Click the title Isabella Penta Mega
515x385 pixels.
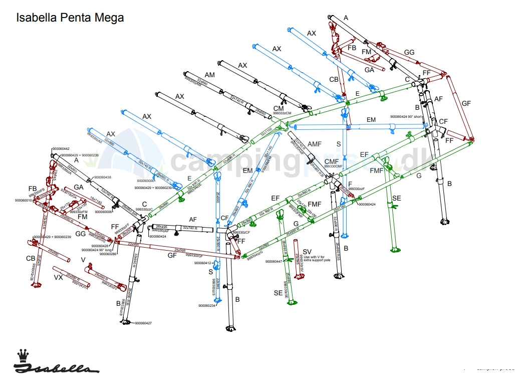tap(70, 18)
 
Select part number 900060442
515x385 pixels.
tap(60, 149)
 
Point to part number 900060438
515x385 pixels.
tap(103, 177)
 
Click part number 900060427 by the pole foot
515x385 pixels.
tap(143, 323)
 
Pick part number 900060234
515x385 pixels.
tap(206, 306)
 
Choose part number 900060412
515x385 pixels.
tap(202, 263)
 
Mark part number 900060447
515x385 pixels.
tap(275, 261)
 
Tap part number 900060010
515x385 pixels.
tap(23, 201)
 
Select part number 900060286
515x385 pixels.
tap(108, 254)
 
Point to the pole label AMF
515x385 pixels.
tap(315, 144)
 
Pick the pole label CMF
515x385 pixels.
tap(332, 161)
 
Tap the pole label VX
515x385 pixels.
tap(58, 277)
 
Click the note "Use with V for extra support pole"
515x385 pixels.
tap(317, 259)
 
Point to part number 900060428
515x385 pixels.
tap(101, 246)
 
